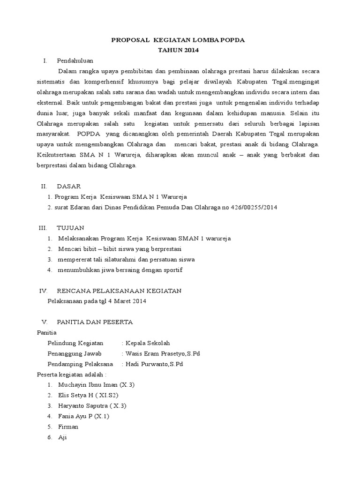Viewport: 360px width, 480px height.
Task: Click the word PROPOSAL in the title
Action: (128, 41)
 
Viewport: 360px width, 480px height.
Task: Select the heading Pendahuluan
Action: (75, 60)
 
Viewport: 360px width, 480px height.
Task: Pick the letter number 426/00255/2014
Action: (254, 207)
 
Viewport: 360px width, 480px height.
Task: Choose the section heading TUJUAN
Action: (70, 228)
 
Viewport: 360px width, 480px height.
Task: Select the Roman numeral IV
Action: (43, 291)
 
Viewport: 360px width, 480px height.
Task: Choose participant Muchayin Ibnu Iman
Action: (88, 385)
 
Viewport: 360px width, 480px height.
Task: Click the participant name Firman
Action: (68, 427)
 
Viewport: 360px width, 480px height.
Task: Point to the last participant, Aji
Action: (62, 437)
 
